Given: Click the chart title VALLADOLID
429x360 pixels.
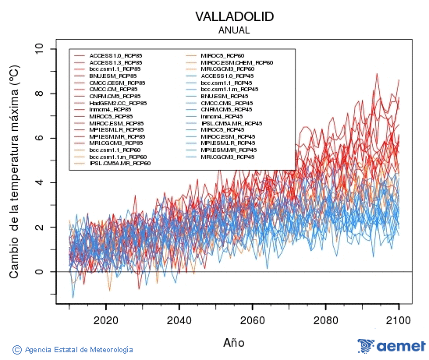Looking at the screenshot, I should [235, 16].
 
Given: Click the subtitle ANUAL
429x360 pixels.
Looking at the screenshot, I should [235, 30].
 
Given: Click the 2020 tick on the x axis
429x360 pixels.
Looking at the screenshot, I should [105, 319].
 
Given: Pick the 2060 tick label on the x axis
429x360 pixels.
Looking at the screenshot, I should [252, 319].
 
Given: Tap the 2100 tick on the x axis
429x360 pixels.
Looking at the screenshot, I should [399, 319].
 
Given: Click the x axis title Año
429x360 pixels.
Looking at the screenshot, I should [234, 341].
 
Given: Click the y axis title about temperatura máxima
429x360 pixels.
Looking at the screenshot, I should [14, 171].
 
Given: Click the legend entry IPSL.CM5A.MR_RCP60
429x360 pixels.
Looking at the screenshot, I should [119, 164].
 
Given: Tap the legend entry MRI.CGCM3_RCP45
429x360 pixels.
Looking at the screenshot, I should [227, 157].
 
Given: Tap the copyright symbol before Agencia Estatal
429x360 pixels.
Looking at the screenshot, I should [17, 348].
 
